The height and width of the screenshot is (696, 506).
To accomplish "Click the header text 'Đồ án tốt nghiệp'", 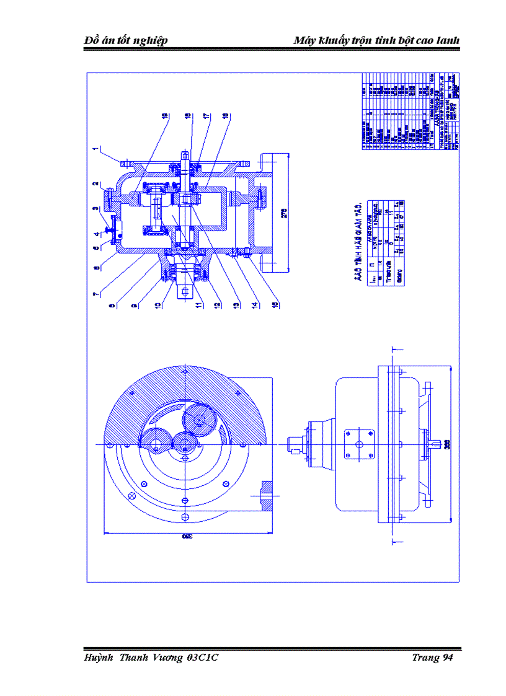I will point(126,41).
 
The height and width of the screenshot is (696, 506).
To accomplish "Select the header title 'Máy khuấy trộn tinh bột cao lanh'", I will point(376,41).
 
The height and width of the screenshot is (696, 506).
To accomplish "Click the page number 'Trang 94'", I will point(432,658).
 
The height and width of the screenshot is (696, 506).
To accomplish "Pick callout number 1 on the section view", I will point(96,149).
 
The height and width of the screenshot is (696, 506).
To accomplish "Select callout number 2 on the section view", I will point(96,184).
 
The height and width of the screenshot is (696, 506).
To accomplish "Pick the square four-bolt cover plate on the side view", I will point(358,444).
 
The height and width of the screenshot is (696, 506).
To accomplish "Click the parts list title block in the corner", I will point(410,112).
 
